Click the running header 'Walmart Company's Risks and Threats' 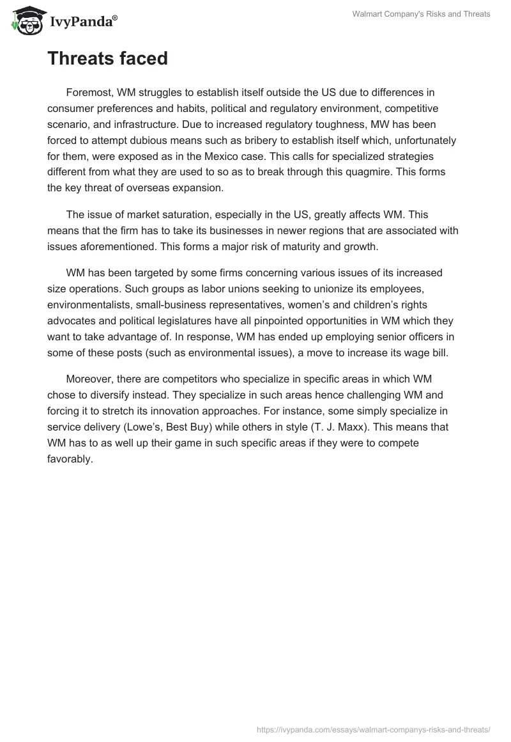pos(421,14)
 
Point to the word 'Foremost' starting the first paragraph pos(88,93)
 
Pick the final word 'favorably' pos(70,457)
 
